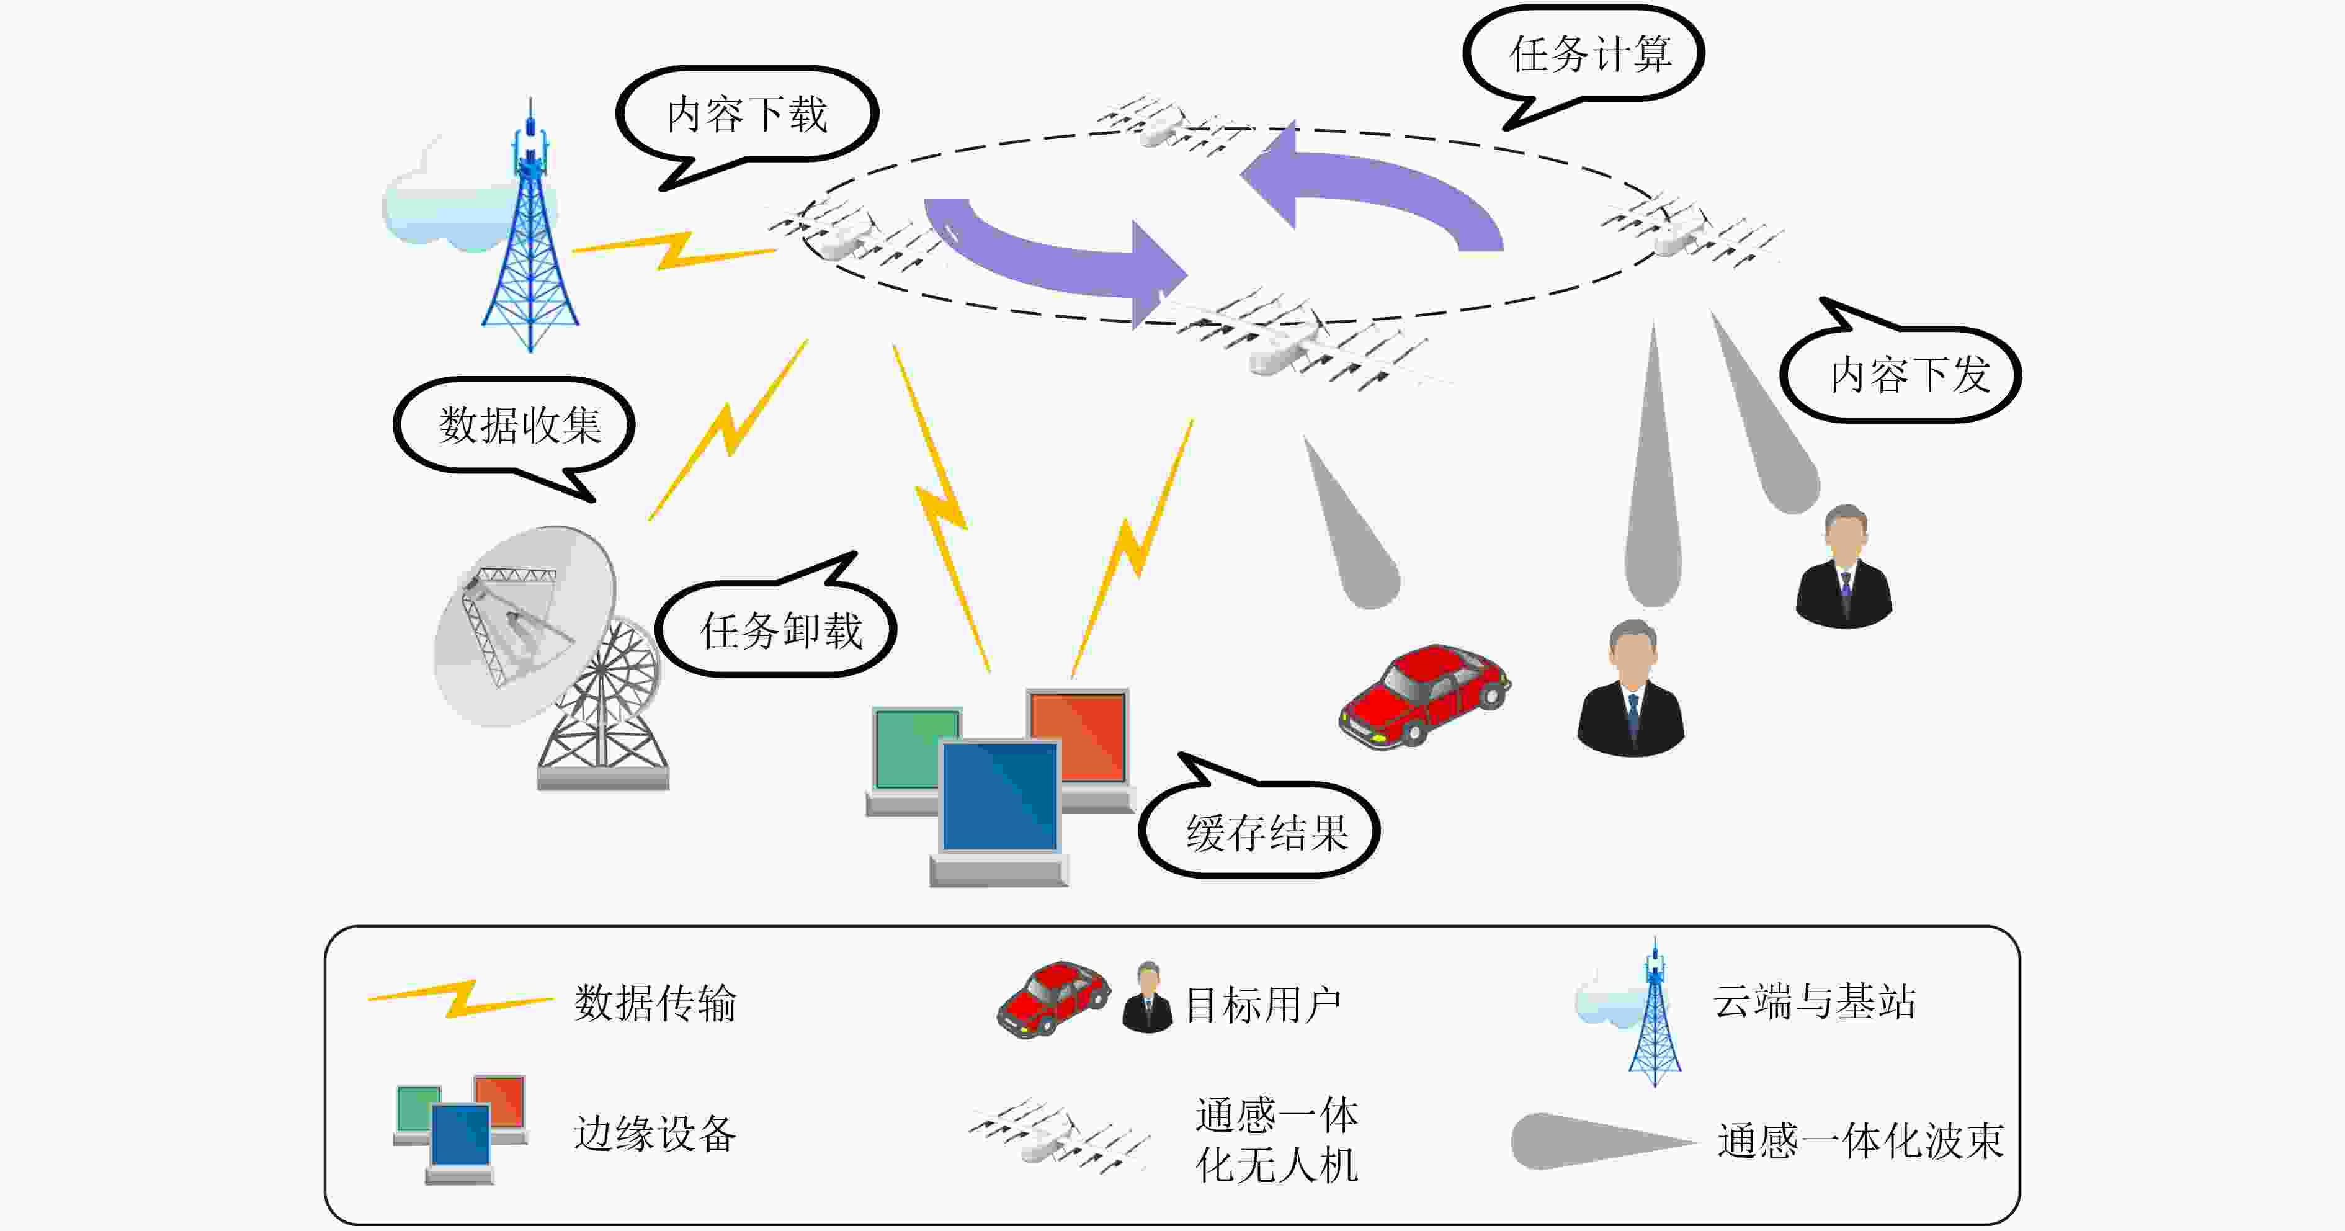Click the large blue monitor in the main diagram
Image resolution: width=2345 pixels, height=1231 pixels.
(x=999, y=810)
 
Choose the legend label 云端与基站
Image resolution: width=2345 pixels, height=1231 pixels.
(x=1815, y=1001)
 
